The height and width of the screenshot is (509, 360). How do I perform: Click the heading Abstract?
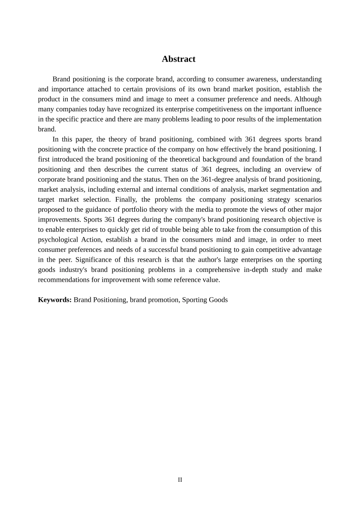(178, 59)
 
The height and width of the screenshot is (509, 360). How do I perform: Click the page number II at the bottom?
(180, 480)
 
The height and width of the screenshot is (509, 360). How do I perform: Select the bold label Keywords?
(55, 300)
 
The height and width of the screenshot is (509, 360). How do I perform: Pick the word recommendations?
(62, 280)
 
